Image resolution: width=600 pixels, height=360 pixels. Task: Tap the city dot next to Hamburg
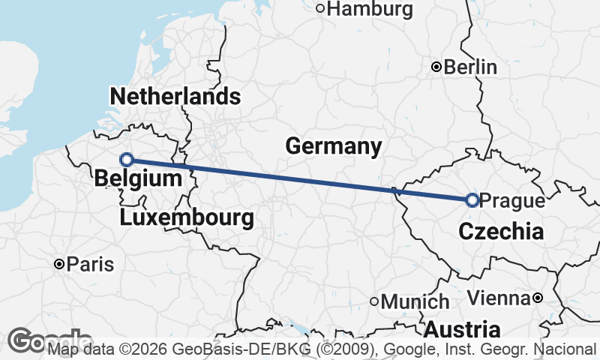(x=320, y=9)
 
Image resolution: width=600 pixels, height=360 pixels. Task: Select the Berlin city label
(x=470, y=67)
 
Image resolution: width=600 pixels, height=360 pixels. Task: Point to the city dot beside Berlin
(x=436, y=67)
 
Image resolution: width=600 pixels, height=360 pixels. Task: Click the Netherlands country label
(x=175, y=97)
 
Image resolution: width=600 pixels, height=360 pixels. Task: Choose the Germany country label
(x=334, y=146)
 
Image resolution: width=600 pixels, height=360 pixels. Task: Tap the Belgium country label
(x=139, y=179)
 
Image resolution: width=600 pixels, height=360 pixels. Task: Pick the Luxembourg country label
(x=186, y=218)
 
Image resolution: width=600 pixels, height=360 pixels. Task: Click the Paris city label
(x=90, y=264)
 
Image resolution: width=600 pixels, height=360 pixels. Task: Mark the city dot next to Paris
(x=59, y=264)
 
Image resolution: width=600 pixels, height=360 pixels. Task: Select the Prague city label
(x=511, y=200)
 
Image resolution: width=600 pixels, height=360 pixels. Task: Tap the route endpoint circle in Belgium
(x=127, y=159)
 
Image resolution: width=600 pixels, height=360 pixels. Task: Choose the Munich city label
(x=415, y=302)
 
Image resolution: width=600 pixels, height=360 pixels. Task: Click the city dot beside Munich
(x=375, y=302)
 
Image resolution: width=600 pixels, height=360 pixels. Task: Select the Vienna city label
(x=498, y=298)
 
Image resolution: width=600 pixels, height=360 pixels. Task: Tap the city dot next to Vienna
(x=538, y=298)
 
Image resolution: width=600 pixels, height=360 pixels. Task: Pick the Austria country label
(x=463, y=329)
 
